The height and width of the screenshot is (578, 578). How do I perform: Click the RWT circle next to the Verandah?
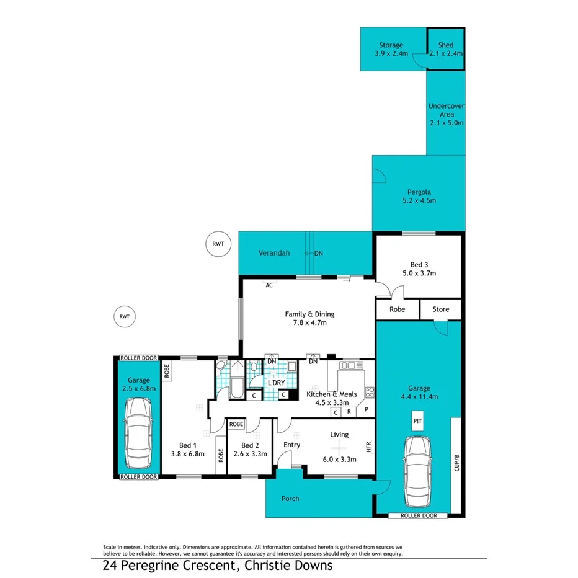pos(218,244)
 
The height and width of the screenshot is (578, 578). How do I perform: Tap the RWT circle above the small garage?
pos(125,316)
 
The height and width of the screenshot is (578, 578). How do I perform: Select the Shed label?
pos(445,45)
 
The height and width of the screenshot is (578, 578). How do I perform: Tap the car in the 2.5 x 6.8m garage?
pos(138,434)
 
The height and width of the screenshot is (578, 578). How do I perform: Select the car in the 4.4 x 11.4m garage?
pos(417,471)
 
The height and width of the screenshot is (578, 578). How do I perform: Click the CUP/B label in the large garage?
pos(456,464)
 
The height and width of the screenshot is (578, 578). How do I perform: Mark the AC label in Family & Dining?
pos(269,286)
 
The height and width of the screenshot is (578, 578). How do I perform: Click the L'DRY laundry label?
pos(276,383)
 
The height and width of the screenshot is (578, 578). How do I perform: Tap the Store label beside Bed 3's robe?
pos(440,309)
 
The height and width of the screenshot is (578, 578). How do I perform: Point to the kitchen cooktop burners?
pos(370,391)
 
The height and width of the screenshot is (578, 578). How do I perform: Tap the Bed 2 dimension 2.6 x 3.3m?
pos(249,454)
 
